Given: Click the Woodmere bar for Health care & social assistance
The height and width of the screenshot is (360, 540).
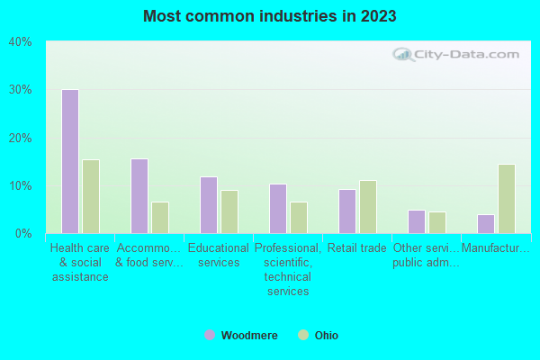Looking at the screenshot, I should pyautogui.click(x=69, y=161).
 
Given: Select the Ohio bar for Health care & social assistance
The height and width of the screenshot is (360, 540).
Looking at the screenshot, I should pyautogui.click(x=90, y=196).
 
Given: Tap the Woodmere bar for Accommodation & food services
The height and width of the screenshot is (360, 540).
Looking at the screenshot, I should pyautogui.click(x=139, y=196).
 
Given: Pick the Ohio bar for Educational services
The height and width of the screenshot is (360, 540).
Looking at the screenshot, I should pyautogui.click(x=229, y=211).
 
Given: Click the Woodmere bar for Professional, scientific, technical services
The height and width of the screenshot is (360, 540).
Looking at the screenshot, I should pyautogui.click(x=277, y=209).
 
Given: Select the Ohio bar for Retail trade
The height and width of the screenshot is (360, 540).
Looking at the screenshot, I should pyautogui.click(x=367, y=207).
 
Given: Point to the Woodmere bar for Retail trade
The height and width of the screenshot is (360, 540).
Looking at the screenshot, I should pyautogui.click(x=346, y=211).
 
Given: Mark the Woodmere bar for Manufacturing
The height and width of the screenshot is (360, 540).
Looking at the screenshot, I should pyautogui.click(x=485, y=223).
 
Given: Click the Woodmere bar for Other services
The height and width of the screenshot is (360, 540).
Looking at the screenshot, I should pyautogui.click(x=416, y=221).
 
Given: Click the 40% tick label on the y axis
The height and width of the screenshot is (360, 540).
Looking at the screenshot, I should pyautogui.click(x=20, y=42).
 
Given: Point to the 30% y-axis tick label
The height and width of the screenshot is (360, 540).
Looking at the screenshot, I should pyautogui.click(x=20, y=90).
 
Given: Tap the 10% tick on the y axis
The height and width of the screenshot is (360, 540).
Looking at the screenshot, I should pyautogui.click(x=20, y=186).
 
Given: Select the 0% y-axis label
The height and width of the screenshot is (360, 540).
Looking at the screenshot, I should pyautogui.click(x=22, y=234).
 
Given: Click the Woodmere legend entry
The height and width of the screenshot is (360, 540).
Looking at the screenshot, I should pyautogui.click(x=240, y=336).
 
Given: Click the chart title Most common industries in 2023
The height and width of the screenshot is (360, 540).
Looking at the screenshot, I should pyautogui.click(x=270, y=16).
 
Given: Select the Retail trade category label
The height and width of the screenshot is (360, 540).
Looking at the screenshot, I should pyautogui.click(x=356, y=248).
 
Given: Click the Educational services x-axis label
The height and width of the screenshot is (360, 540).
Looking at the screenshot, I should pyautogui.click(x=218, y=256).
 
